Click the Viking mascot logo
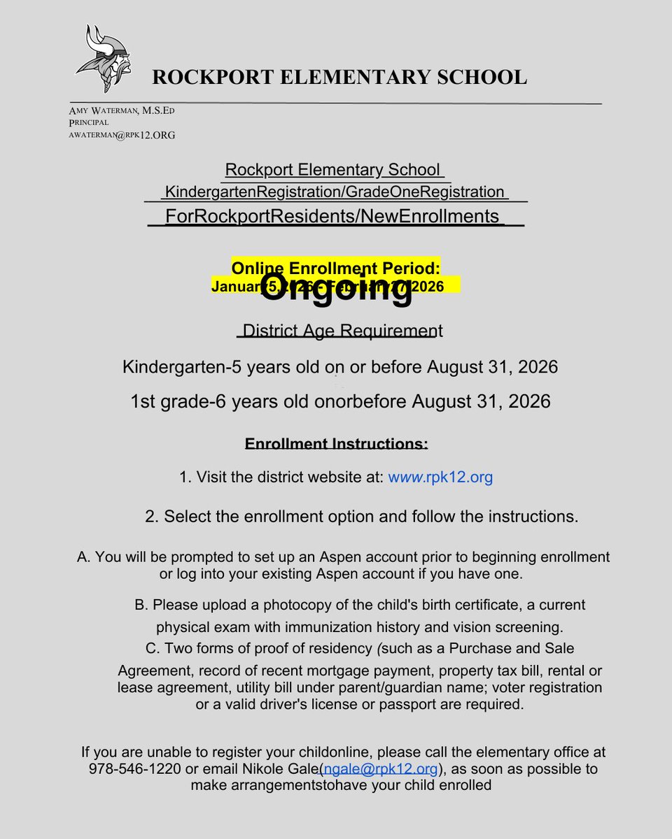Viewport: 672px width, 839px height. click(x=102, y=59)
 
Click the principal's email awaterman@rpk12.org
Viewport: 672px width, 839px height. click(x=122, y=135)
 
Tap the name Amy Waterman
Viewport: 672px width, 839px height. click(x=104, y=110)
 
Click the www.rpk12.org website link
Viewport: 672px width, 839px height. click(x=440, y=478)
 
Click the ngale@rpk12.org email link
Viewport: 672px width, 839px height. click(x=381, y=769)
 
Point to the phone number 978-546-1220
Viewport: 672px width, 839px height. click(x=133, y=769)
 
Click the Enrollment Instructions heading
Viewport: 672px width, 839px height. click(x=336, y=444)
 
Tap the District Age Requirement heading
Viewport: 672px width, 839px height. click(x=339, y=330)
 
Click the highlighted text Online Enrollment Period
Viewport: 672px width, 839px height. click(x=335, y=268)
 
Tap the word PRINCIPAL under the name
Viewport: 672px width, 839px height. click(x=89, y=122)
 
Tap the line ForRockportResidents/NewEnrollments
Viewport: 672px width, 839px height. click(x=332, y=216)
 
